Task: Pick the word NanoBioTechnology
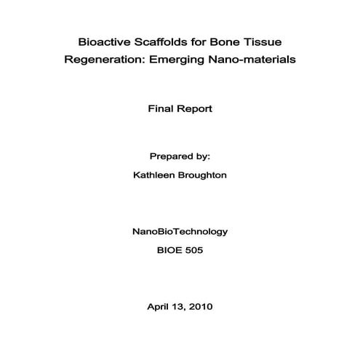coord(180,231)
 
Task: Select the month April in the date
coord(158,305)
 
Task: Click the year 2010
coord(200,305)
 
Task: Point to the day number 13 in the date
coord(177,305)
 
